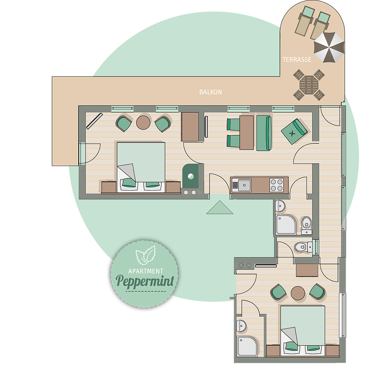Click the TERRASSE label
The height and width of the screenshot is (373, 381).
[297, 59]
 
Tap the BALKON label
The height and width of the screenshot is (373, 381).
[210, 92]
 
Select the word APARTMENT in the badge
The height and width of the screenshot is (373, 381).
[145, 271]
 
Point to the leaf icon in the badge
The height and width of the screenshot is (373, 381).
[145, 255]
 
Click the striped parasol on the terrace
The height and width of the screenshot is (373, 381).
[329, 47]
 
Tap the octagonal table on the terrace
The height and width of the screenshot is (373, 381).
[309, 85]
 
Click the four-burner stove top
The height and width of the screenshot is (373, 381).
[277, 185]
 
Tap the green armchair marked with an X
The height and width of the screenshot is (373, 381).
[294, 131]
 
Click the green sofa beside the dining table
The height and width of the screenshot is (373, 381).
[264, 133]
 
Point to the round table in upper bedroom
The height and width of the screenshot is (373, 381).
[143, 122]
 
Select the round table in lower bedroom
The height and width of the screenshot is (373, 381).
[298, 293]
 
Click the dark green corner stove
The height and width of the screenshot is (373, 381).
[191, 176]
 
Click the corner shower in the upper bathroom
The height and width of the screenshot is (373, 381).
[286, 224]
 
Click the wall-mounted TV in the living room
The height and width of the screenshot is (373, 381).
[206, 127]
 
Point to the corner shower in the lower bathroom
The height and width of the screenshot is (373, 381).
[247, 346]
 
